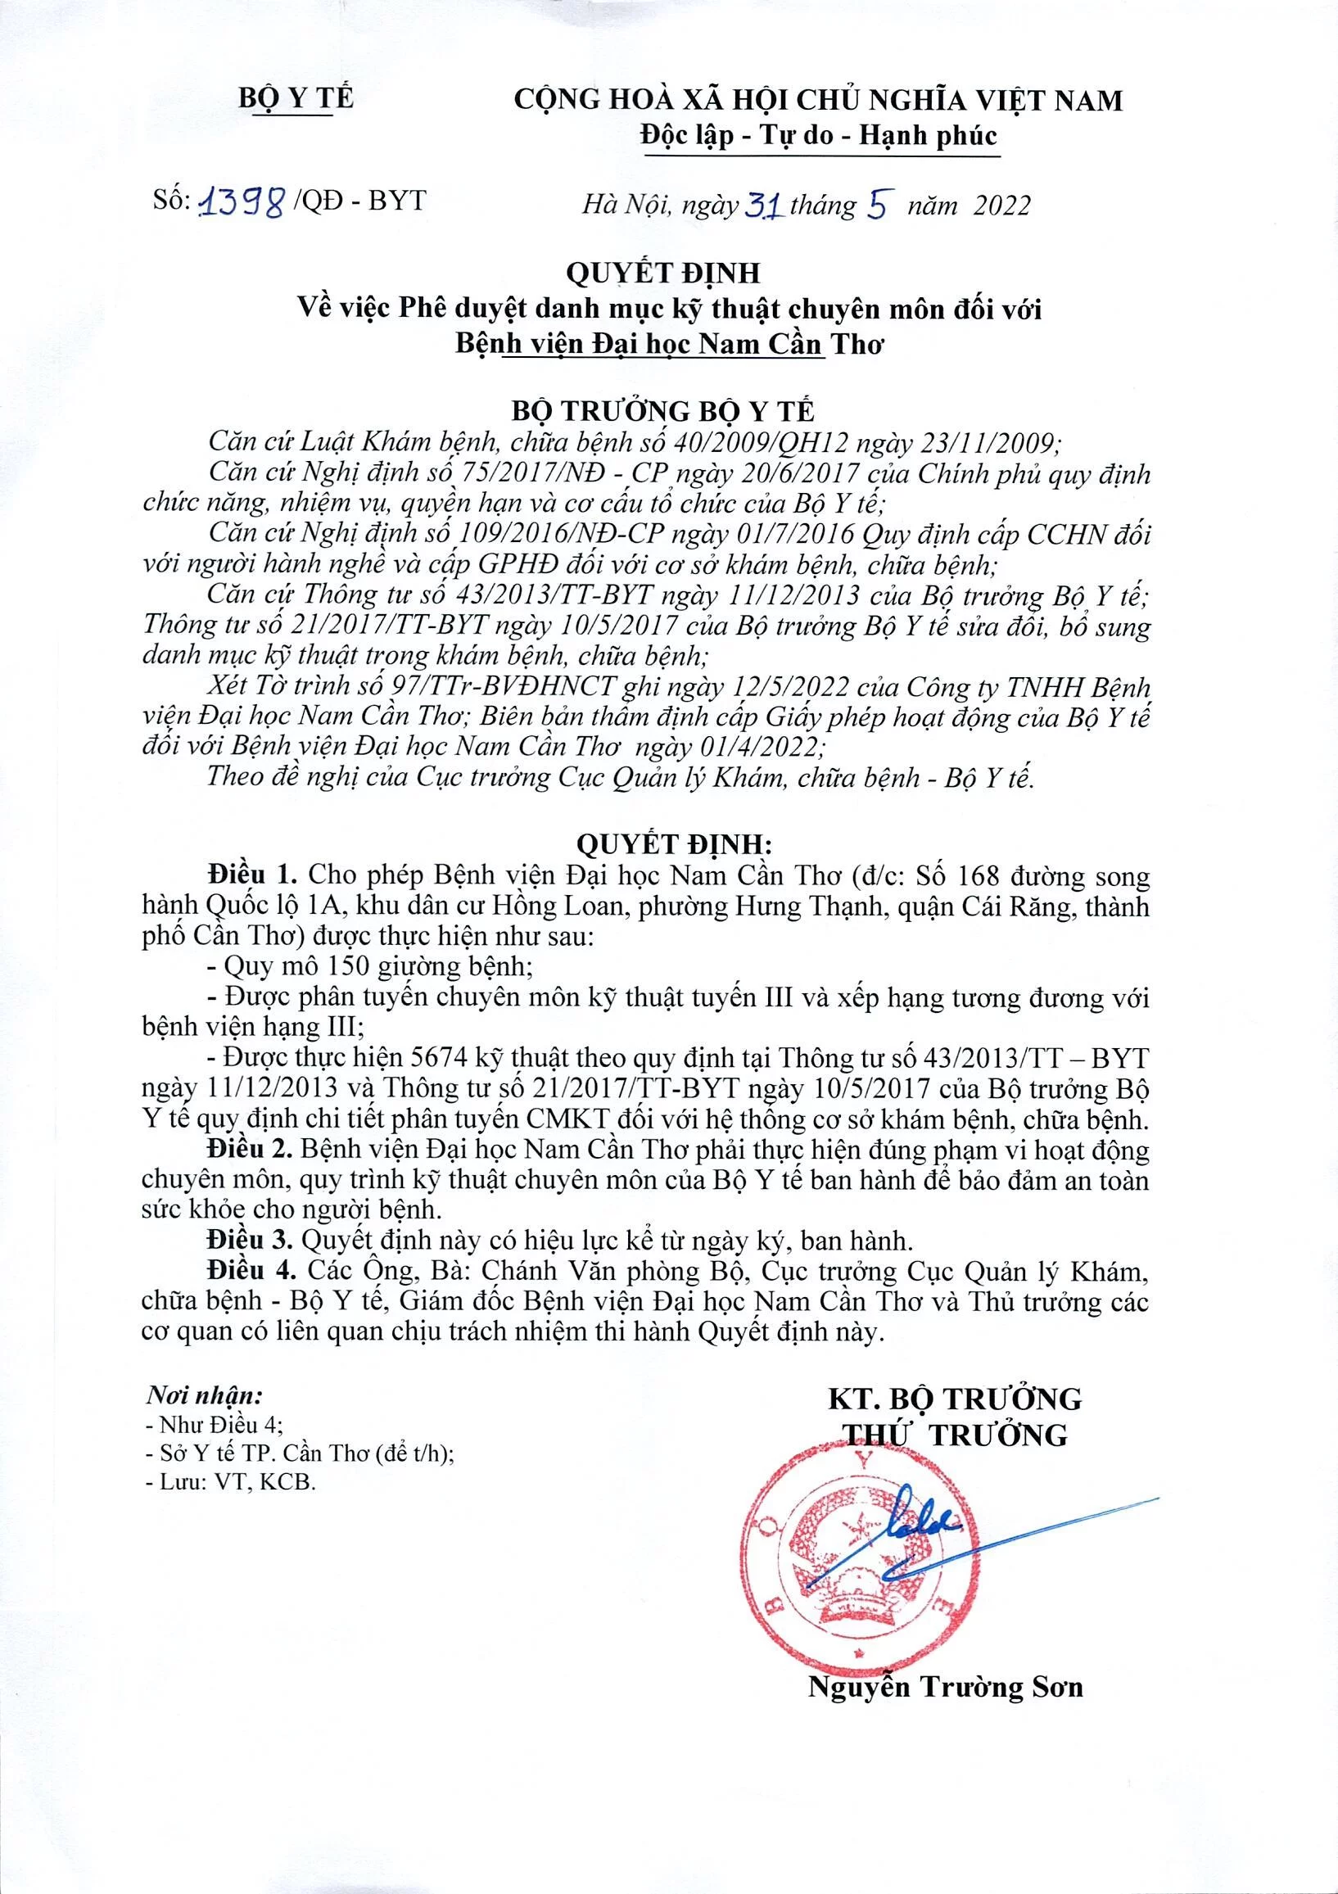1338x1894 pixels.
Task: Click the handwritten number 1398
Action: pyautogui.click(x=245, y=201)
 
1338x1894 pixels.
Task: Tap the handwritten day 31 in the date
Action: pyautogui.click(x=763, y=202)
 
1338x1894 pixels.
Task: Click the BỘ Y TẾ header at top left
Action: pyautogui.click(x=296, y=99)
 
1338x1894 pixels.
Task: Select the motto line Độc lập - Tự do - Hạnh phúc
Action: pyautogui.click(x=819, y=134)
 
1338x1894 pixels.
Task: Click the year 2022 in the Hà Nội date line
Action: pyautogui.click(x=1001, y=205)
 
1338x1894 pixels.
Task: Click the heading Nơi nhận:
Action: pyautogui.click(x=205, y=1396)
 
